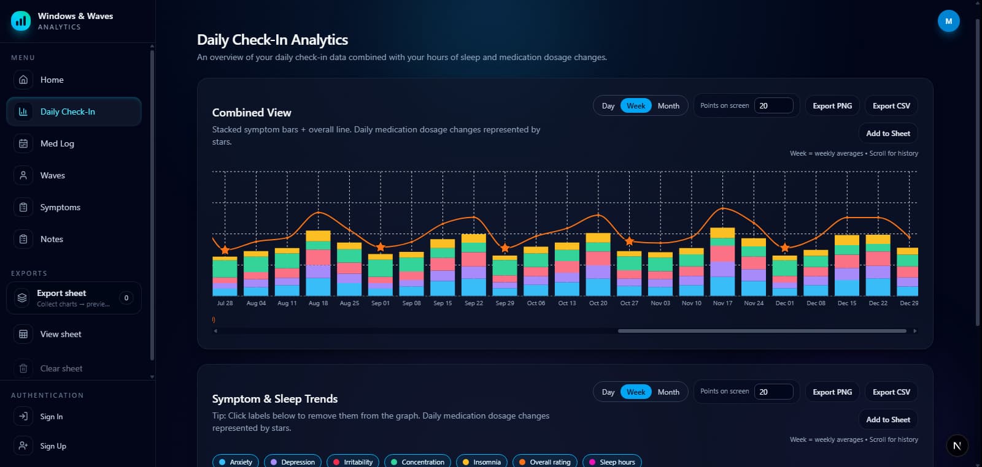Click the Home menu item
[52, 80]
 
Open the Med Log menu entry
[56, 143]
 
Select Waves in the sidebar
[52, 175]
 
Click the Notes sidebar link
[52, 239]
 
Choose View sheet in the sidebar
[60, 334]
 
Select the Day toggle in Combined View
[608, 105]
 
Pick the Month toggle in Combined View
[668, 105]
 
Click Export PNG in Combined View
[832, 105]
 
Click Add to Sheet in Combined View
[887, 133]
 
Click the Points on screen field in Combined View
[773, 105]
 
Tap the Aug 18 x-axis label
[318, 303]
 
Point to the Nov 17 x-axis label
[722, 303]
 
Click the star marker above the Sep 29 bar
[505, 248]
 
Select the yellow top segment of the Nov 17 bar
[722, 233]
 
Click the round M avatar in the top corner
[948, 21]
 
